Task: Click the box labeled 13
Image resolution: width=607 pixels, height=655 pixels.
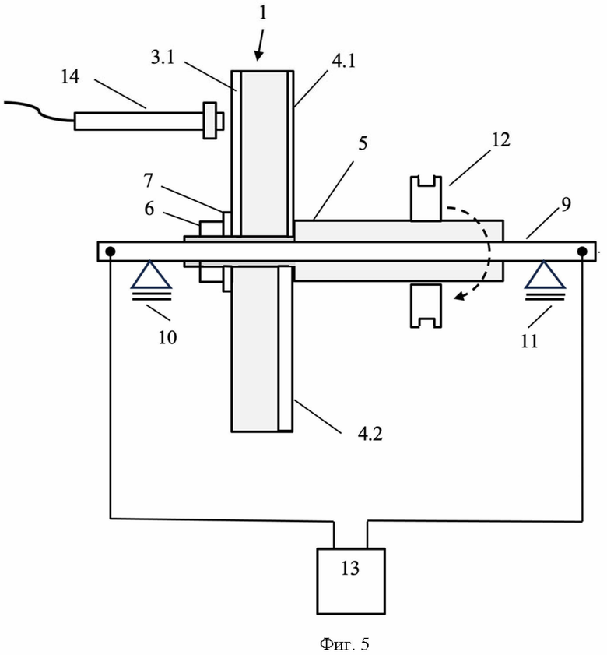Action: (x=351, y=581)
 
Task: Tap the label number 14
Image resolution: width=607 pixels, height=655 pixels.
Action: (x=70, y=76)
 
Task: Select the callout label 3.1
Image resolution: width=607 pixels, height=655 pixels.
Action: (x=163, y=57)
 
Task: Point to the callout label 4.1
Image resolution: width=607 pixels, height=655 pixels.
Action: (x=343, y=61)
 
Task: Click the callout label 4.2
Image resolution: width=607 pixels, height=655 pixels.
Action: (x=370, y=434)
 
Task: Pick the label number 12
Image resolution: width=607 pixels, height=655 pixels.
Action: (x=501, y=139)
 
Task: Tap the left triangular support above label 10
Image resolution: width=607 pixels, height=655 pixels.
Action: (x=151, y=274)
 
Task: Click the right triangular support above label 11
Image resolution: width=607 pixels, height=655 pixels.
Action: (x=545, y=274)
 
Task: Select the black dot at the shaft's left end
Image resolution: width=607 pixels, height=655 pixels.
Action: (x=111, y=252)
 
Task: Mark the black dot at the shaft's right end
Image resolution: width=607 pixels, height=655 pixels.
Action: (x=582, y=252)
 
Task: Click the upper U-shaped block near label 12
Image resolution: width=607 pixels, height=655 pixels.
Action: (x=426, y=199)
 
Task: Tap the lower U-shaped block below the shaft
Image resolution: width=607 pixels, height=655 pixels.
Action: (x=426, y=306)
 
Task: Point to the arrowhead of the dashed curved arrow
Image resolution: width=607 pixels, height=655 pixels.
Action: (x=459, y=296)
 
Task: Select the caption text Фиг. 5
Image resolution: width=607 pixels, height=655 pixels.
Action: (x=345, y=644)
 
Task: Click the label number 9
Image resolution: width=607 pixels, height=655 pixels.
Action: (x=566, y=204)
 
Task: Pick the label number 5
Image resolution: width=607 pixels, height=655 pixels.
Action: (x=363, y=143)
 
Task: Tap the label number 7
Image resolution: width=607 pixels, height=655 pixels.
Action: (x=148, y=181)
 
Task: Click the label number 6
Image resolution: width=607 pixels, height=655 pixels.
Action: (x=149, y=208)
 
